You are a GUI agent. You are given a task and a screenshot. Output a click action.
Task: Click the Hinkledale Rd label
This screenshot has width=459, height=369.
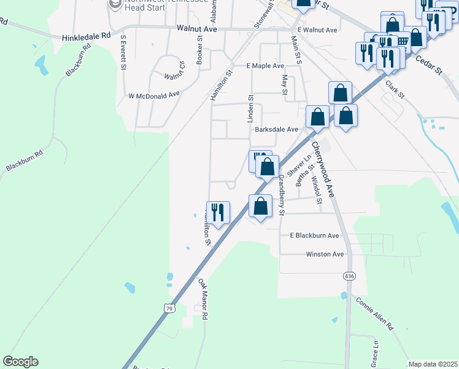[86, 37]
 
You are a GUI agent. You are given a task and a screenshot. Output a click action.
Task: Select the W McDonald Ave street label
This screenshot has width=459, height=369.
[153, 95]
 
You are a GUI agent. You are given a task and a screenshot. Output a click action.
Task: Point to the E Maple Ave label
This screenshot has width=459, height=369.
[265, 66]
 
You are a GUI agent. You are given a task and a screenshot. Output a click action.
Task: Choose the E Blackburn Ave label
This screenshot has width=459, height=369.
[314, 236]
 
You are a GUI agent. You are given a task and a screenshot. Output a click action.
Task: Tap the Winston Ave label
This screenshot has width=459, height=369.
[325, 254]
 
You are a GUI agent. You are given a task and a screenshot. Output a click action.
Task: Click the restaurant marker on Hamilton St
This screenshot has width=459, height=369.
[218, 212]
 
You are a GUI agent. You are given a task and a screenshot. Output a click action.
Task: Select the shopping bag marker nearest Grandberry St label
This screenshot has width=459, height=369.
[261, 206]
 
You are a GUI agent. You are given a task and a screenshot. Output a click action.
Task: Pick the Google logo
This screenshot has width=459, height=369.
[20, 362]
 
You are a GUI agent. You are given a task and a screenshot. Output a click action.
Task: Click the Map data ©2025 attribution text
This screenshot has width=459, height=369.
[433, 364]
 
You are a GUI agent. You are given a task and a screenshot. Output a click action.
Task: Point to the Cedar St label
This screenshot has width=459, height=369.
[429, 63]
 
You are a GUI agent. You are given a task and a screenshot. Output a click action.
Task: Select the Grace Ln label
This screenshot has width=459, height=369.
[374, 354]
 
